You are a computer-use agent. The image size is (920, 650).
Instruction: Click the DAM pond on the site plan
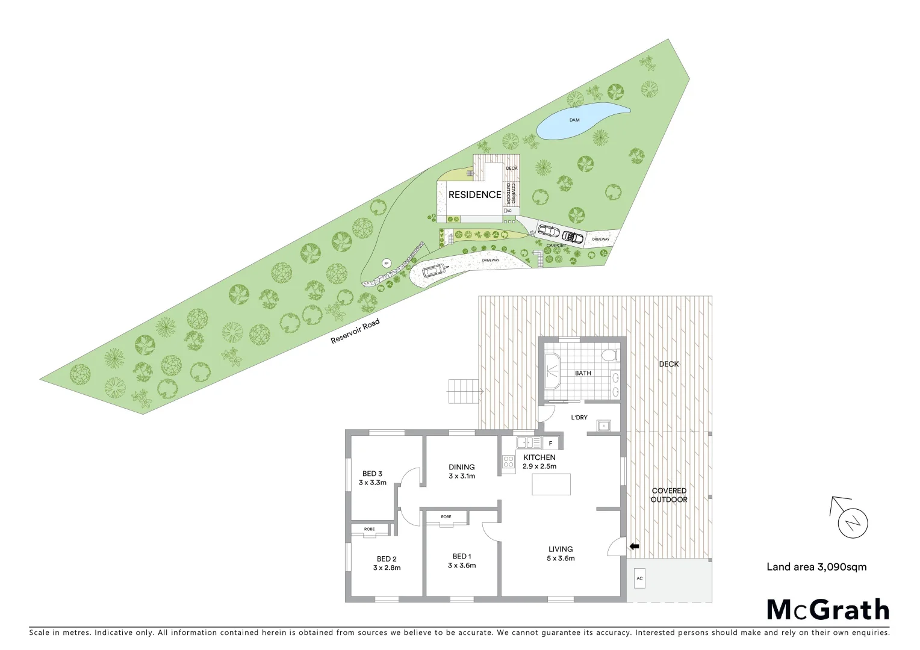coord(578,122)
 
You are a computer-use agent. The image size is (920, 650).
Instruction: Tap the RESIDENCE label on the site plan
coord(474,194)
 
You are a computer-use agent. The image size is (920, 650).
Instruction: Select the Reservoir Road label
coord(355,332)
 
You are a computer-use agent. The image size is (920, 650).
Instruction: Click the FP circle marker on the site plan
coord(387,263)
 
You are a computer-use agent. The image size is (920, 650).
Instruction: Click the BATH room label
coord(583,373)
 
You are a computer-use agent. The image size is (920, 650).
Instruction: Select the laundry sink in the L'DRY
coord(604,426)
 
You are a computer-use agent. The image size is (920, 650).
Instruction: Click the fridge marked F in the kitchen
coord(550,444)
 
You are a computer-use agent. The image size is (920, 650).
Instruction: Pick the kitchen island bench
coord(551,484)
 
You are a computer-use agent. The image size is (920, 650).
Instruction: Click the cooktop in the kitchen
coord(508,462)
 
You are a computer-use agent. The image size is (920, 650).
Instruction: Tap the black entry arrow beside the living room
coord(634,546)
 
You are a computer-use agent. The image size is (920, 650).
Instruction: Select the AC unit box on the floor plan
coord(639,578)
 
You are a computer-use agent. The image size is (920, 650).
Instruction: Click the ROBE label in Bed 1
coord(446,517)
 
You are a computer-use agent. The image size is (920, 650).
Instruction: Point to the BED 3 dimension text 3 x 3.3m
coord(373,483)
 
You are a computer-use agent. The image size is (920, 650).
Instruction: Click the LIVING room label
coord(561,549)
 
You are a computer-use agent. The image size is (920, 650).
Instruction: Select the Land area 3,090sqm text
coord(816,566)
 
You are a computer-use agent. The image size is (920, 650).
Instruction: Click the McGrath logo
coord(828,610)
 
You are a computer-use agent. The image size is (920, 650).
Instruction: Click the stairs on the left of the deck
coord(463,392)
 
